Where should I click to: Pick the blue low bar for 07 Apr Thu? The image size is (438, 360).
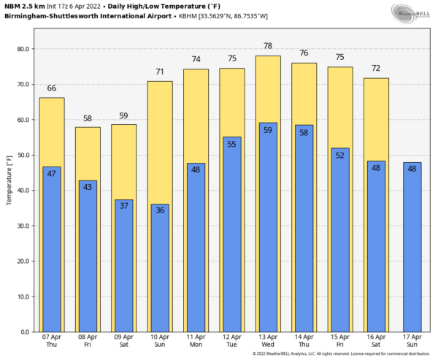[52, 256]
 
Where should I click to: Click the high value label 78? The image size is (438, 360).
[268, 46]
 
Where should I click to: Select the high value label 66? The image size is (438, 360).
[52, 88]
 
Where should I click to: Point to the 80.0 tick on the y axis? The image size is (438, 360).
[25, 49]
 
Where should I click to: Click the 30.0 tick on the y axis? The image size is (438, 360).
[25, 226]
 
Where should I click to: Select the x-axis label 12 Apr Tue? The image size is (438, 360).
[231, 342]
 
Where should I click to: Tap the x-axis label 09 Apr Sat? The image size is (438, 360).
[123, 342]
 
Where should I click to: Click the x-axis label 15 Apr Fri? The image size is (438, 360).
[339, 342]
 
